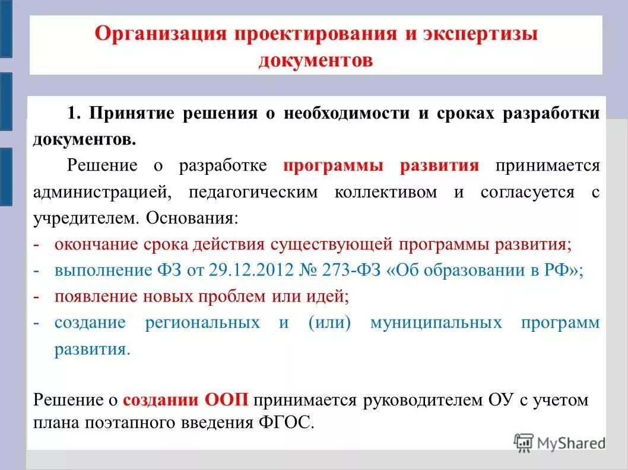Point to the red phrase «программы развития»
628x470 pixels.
click(x=381, y=165)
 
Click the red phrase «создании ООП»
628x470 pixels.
click(x=186, y=400)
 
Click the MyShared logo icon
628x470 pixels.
click(x=524, y=442)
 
